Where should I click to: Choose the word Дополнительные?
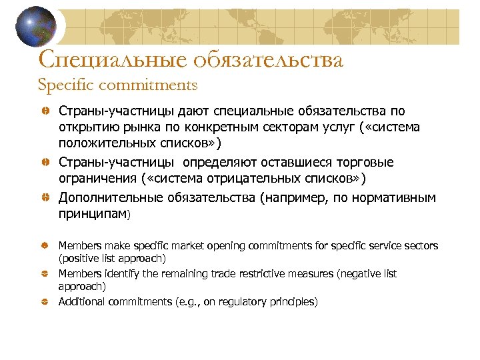coord(104,198)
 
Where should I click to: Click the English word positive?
coord(76,258)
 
